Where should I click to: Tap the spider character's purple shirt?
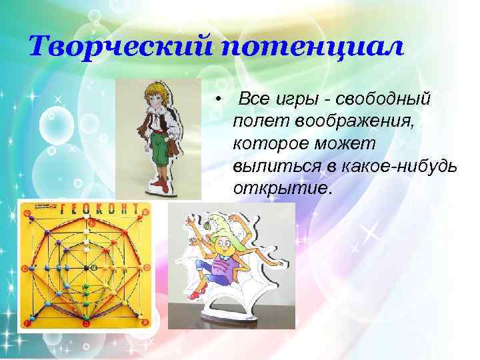click(223, 265)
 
